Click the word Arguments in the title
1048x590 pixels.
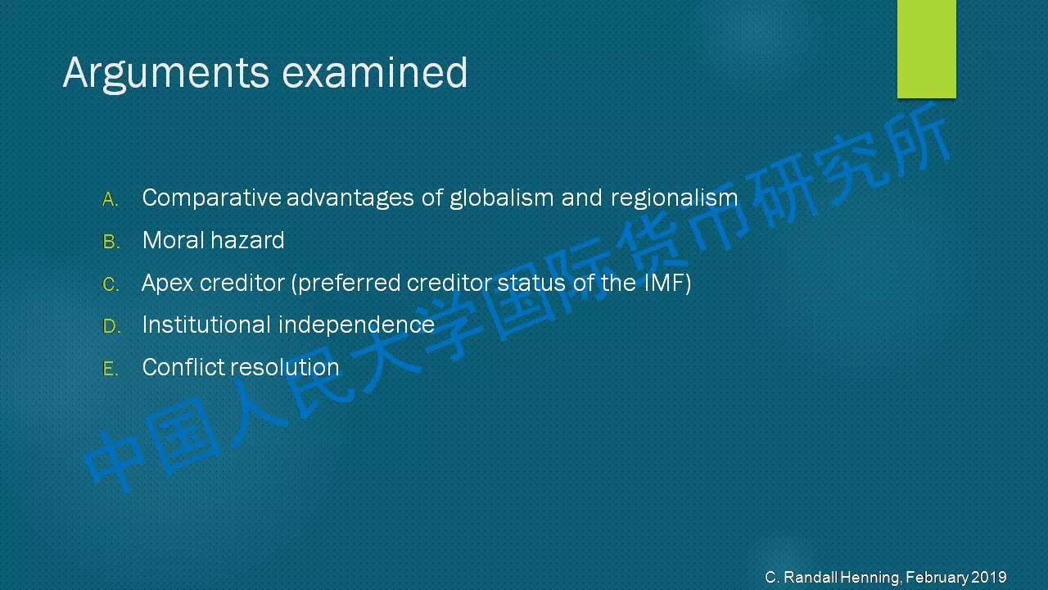(x=166, y=74)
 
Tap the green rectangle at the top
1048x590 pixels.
(x=926, y=48)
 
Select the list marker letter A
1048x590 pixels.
(x=110, y=200)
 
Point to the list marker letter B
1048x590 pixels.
(x=111, y=242)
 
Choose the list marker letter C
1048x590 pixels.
(x=111, y=284)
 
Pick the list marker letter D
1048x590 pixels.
(x=111, y=326)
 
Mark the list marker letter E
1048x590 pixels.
(x=111, y=369)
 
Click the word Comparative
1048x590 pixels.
(x=211, y=198)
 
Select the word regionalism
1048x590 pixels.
(x=674, y=198)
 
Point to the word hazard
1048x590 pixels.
(x=247, y=240)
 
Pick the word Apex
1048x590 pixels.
(x=167, y=284)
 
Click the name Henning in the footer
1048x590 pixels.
(x=870, y=578)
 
